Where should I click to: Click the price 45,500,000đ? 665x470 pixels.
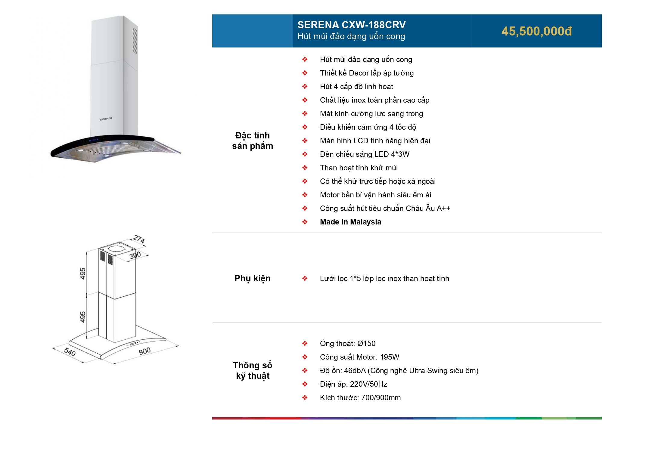(536, 31)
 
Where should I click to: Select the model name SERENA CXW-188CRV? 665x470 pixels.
(351, 25)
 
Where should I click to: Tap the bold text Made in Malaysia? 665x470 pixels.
(350, 222)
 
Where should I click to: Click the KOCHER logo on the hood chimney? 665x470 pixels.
(106, 119)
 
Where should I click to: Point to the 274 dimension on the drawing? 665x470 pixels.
(139, 239)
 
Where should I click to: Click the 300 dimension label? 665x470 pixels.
(135, 255)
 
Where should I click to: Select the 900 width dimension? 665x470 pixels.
(144, 351)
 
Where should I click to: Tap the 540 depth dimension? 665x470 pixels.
(70, 352)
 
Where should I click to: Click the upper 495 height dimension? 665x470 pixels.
(83, 274)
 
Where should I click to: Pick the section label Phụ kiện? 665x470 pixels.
(252, 278)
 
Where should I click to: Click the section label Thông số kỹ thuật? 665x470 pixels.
(252, 370)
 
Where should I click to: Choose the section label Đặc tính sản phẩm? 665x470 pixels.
(252, 141)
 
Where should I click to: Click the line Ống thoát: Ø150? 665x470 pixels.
(347, 344)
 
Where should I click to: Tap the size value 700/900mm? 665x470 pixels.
(381, 398)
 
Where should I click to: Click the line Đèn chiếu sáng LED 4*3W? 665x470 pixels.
(364, 154)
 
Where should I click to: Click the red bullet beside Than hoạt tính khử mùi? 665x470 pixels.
(305, 168)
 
